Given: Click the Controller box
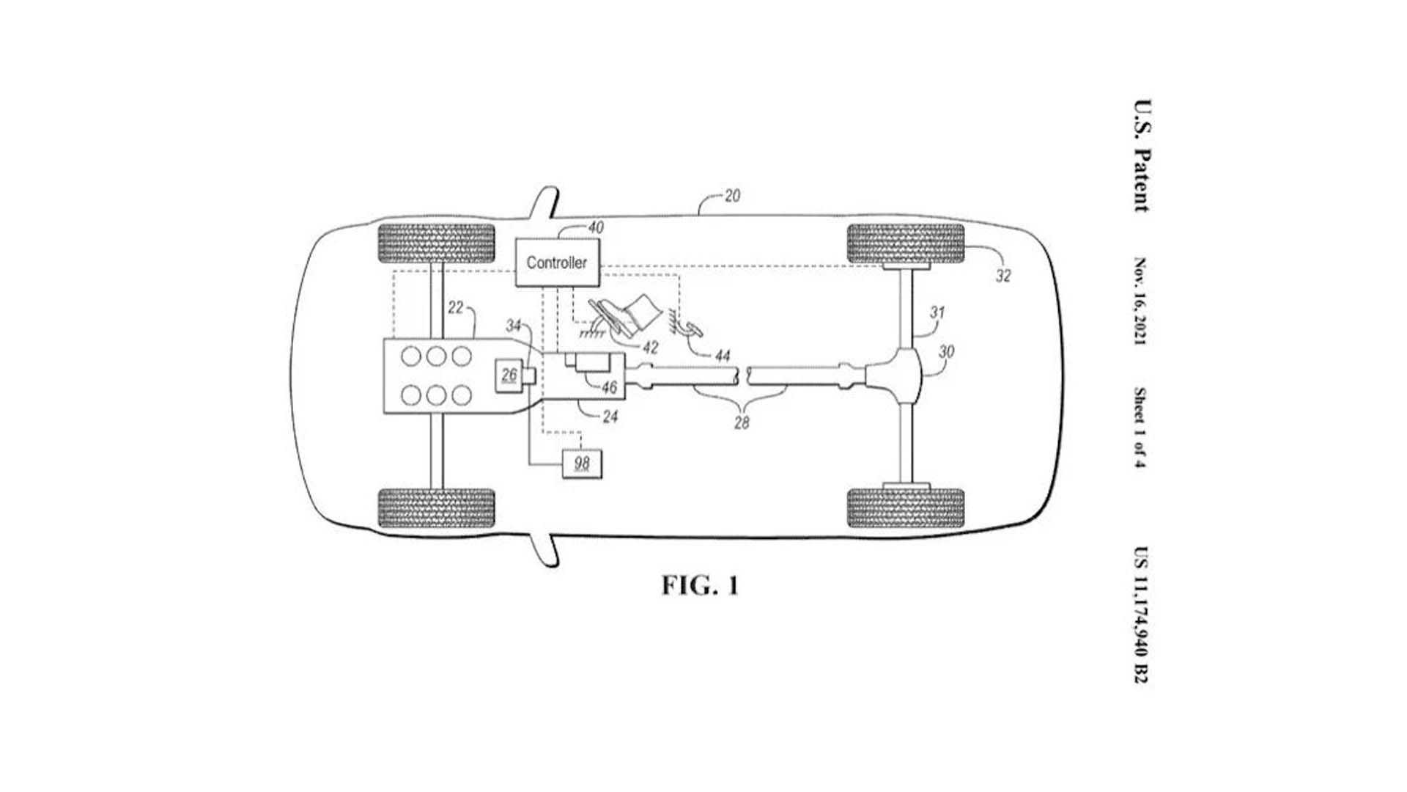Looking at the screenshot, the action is [557, 262].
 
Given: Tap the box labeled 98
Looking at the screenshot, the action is [582, 463].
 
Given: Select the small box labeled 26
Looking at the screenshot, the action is [509, 375].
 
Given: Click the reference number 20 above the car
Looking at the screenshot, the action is [732, 196].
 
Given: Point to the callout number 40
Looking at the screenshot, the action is [596, 228].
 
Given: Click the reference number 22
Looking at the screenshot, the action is [455, 308].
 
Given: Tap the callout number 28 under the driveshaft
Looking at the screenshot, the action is [742, 422].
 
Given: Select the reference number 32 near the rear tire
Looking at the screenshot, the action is [1003, 276].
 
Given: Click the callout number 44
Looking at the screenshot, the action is [723, 356].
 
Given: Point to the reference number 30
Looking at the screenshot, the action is [946, 352].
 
